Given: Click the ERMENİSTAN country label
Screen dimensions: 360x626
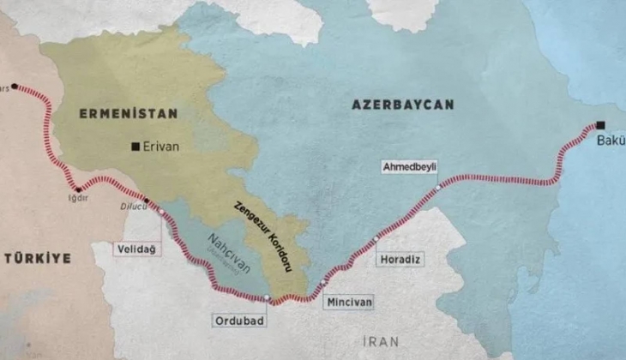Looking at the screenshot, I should [128, 113].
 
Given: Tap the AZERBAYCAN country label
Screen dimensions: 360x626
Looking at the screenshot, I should [402, 105].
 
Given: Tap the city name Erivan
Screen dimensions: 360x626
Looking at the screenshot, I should [161, 147].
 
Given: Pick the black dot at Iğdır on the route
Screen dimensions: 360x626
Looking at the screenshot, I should [78, 189].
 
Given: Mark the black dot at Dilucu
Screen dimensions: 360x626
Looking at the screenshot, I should [147, 201].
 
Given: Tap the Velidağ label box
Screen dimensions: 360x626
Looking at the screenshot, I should [135, 249].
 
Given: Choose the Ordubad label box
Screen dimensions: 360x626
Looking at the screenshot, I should [238, 320].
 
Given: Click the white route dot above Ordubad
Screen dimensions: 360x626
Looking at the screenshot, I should [268, 298].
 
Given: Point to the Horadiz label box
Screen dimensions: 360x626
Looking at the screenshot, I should [400, 257].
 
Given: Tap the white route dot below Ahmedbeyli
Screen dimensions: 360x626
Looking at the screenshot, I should [438, 186].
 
